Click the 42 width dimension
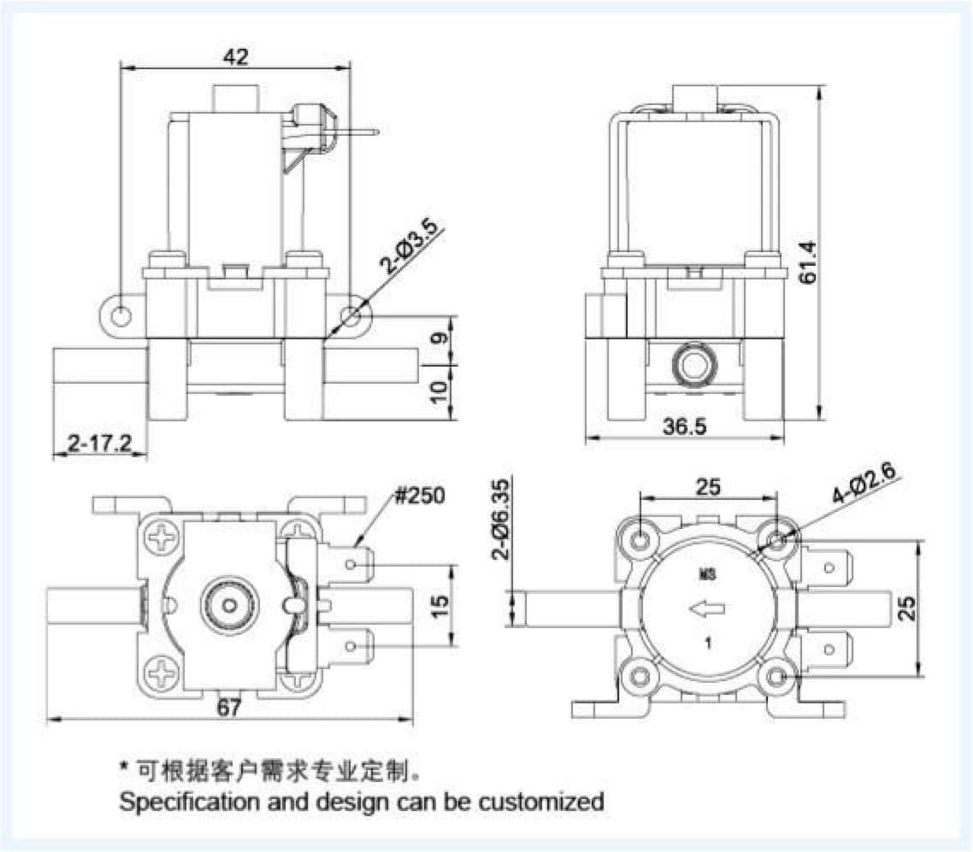[235, 56]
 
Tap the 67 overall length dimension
[229, 707]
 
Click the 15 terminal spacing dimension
[439, 607]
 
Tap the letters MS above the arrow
[707, 573]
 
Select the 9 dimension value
[439, 338]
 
